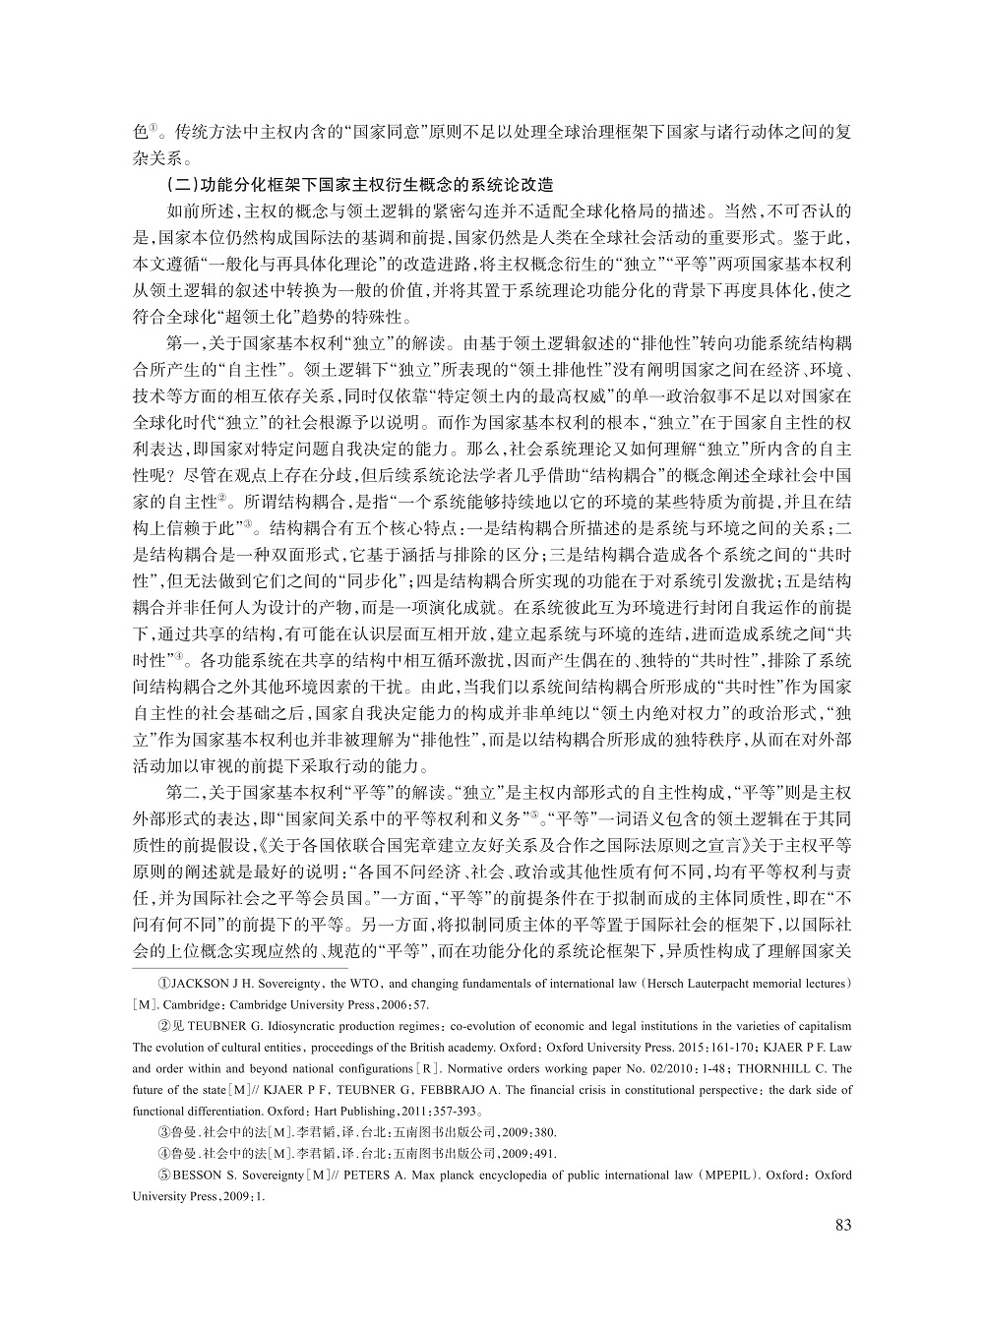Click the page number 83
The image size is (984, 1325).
(x=841, y=1225)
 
